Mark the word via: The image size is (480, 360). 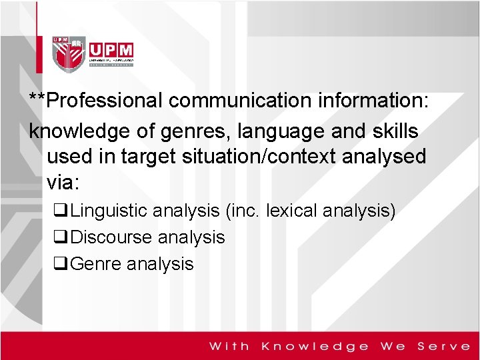(x=63, y=182)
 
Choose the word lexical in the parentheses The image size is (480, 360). (x=291, y=211)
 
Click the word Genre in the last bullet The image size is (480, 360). (x=95, y=264)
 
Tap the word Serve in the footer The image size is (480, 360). (x=444, y=346)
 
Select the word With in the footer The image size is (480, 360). (x=229, y=346)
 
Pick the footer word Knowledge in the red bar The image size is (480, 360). (x=315, y=346)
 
